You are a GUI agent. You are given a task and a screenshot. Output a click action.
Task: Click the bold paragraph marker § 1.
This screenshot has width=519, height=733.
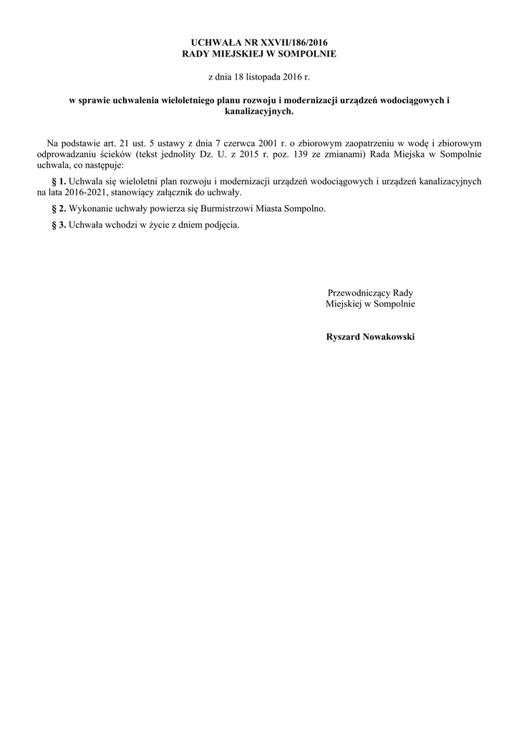pyautogui.click(x=59, y=182)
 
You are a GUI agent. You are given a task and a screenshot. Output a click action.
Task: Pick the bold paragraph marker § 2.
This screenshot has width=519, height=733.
pyautogui.click(x=59, y=208)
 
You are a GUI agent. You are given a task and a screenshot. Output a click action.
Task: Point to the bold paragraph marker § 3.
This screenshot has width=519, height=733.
pyautogui.click(x=59, y=225)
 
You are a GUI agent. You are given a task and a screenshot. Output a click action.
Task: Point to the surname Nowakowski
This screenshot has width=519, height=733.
pyautogui.click(x=389, y=336)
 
